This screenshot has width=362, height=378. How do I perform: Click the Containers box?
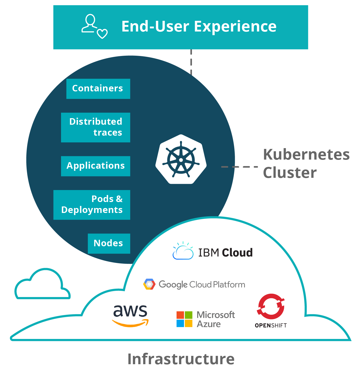click(x=98, y=89)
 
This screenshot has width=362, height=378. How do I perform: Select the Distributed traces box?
click(x=95, y=127)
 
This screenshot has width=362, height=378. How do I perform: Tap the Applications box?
click(x=95, y=166)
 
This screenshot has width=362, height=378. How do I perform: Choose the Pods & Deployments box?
click(x=92, y=205)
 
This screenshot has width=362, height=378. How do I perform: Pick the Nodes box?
click(x=109, y=243)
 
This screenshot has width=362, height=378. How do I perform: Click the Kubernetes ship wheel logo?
click(x=181, y=159)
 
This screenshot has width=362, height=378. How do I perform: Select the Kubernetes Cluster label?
click(x=306, y=163)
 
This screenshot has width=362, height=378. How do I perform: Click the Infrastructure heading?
click(x=181, y=359)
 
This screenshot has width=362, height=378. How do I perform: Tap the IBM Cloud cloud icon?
click(x=183, y=251)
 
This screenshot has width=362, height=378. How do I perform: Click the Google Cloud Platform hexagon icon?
click(x=149, y=284)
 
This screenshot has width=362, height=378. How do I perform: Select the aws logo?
click(x=130, y=316)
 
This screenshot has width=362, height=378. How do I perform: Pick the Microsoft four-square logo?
click(x=184, y=319)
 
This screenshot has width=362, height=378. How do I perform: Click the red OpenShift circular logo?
click(x=271, y=306)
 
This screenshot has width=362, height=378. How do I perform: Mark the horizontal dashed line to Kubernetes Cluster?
click(x=239, y=167)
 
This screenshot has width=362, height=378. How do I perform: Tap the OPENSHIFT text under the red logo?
click(x=271, y=325)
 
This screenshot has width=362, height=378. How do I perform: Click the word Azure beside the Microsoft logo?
click(x=209, y=324)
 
